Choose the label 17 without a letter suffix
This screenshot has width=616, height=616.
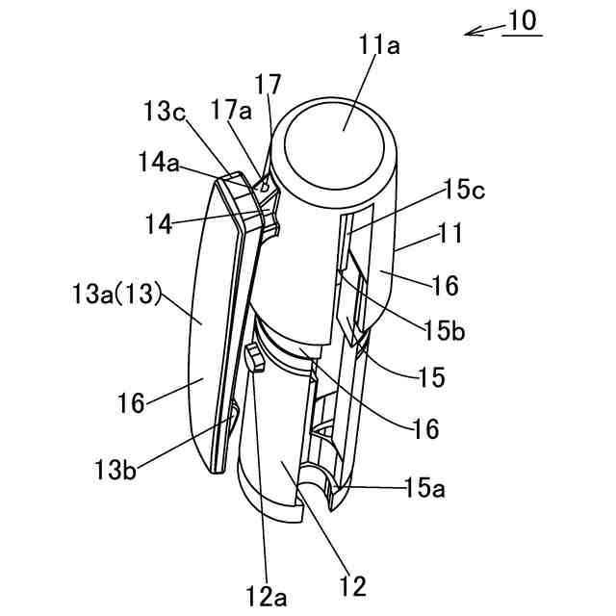coord(269,81)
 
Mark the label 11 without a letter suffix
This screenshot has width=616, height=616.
coord(450,233)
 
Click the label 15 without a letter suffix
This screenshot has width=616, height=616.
coord(431,377)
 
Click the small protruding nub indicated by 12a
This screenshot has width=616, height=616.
coord(255,358)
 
